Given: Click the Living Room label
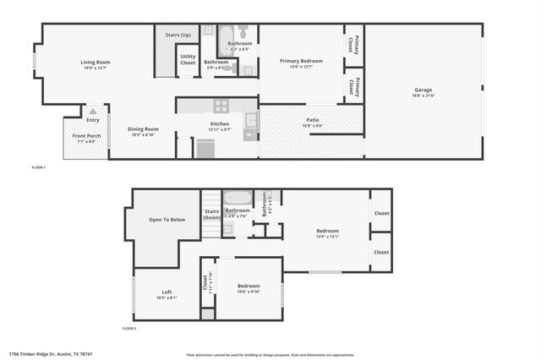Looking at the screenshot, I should [x=95, y=62].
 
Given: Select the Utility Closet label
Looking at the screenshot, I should [x=188, y=60].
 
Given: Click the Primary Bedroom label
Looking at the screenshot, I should [x=301, y=61].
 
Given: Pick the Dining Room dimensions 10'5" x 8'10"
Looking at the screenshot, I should [x=144, y=134].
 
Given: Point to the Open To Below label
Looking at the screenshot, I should [x=167, y=219].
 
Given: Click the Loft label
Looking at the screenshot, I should [x=167, y=292].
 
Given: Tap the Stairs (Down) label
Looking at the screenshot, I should [x=211, y=214].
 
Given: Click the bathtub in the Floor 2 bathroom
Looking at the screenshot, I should [x=238, y=199].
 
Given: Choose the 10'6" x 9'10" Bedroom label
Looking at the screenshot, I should [x=249, y=286].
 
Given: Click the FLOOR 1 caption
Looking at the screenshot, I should [x=39, y=168].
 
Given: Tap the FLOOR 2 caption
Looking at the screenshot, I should [x=128, y=328].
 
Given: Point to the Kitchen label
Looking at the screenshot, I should [x=219, y=123].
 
